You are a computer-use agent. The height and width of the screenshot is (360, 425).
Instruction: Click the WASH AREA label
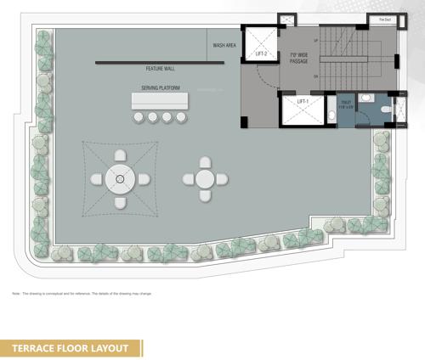click(x=224, y=45)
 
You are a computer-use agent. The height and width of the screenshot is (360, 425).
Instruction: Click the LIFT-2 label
click(x=262, y=55)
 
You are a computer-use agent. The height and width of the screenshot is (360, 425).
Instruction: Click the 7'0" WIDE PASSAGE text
click(x=298, y=58)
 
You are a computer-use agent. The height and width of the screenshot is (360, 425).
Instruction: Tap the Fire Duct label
click(x=383, y=19)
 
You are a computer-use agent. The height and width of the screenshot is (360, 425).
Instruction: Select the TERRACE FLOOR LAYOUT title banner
click(x=71, y=347)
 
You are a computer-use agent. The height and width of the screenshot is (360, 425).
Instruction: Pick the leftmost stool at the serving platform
click(x=139, y=117)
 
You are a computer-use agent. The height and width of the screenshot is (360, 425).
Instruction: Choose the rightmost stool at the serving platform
click(x=181, y=117)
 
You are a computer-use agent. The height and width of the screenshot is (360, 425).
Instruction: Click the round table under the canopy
click(x=120, y=179)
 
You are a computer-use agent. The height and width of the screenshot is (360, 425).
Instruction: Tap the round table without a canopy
click(x=205, y=179)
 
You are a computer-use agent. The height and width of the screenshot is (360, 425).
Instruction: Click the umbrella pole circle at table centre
click(x=120, y=179)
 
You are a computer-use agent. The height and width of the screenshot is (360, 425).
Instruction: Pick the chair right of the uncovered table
click(x=224, y=178)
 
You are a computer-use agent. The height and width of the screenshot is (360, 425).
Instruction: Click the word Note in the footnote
click(x=16, y=295)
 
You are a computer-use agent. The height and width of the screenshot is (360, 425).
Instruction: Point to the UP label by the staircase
click(x=315, y=40)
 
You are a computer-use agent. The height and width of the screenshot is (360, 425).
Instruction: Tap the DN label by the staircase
click(x=315, y=77)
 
